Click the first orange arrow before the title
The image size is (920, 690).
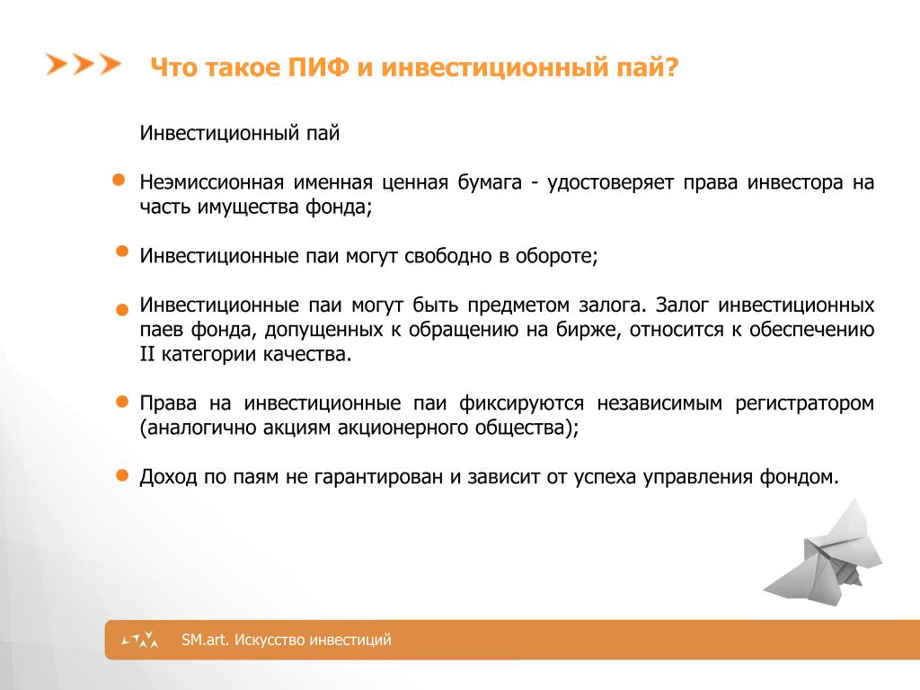[57, 64]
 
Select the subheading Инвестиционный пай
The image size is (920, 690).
[239, 133]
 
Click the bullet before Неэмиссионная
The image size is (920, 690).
[119, 180]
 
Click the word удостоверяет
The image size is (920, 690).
[610, 182]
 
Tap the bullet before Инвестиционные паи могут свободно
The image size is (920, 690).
[122, 252]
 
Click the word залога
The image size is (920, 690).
[612, 305]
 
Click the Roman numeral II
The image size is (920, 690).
[146, 354]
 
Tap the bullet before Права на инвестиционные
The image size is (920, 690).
[122, 402]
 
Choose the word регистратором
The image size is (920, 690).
[804, 403]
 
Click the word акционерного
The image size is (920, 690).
[403, 429]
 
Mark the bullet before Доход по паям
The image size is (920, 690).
[122, 475]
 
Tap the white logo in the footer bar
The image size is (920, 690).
[140, 640]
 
